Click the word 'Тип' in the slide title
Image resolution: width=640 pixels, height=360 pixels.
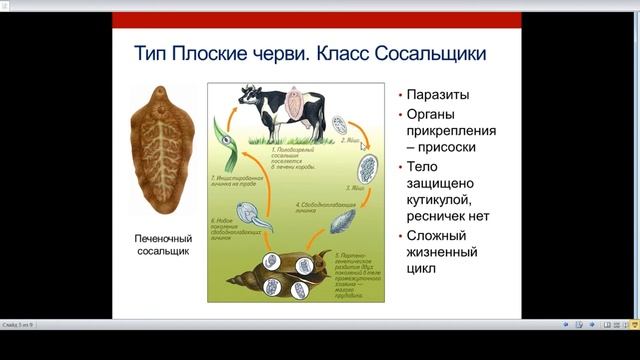pos(151,53)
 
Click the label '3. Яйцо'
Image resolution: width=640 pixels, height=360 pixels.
pos(355,187)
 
